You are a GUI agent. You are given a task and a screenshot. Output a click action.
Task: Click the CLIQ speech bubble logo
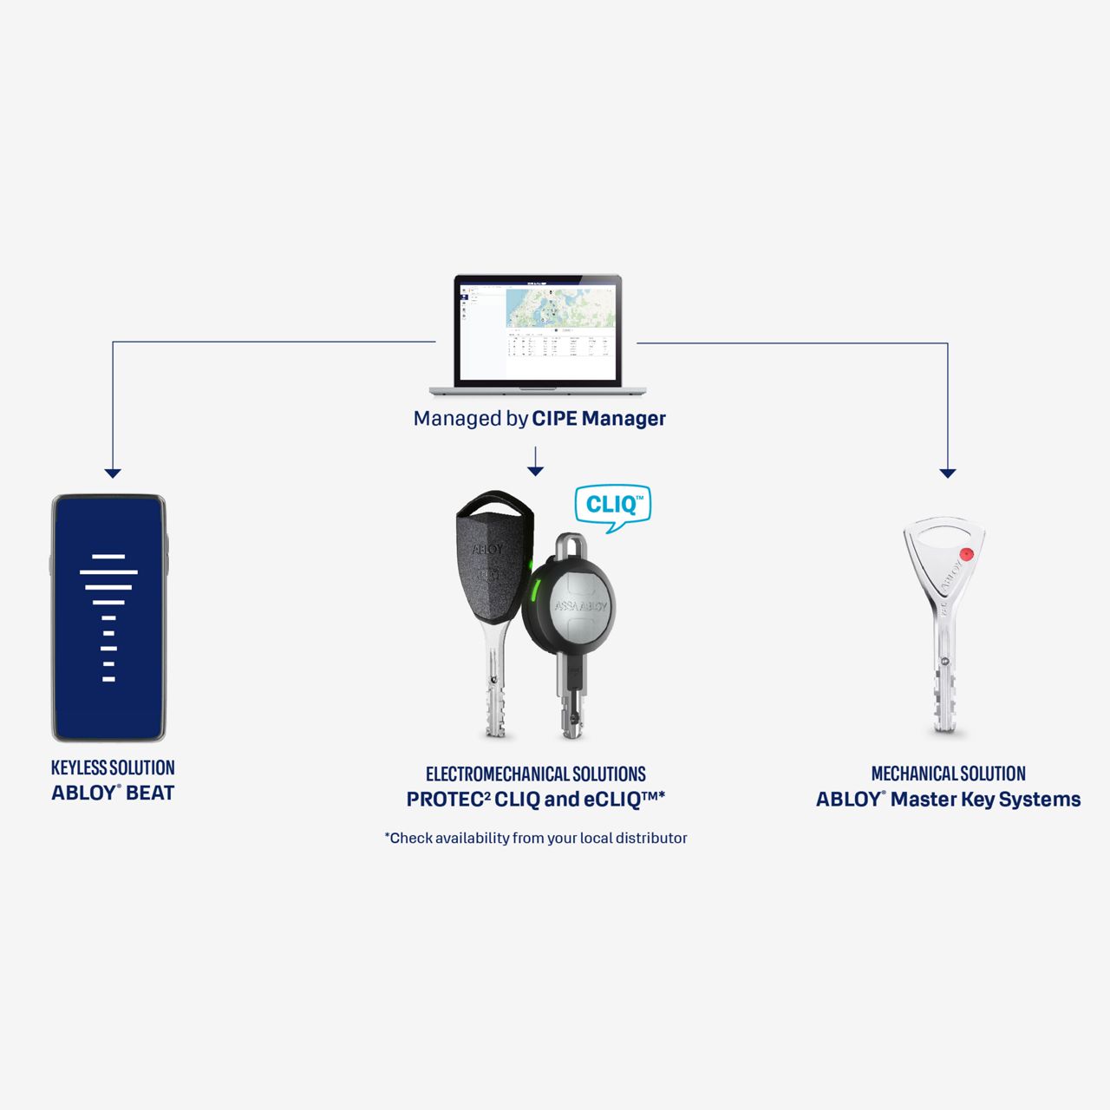coord(613,506)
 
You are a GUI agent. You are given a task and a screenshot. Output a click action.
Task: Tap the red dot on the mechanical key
coord(967,554)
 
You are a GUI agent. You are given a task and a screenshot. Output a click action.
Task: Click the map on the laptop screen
coord(560,307)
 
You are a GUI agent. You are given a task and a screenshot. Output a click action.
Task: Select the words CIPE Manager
coord(598,418)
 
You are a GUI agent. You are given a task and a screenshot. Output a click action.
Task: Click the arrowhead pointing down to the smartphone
coord(113,473)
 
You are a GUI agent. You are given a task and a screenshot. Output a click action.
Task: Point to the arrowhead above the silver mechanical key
coord(947,473)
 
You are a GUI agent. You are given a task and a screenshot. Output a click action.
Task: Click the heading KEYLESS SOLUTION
coord(113,767)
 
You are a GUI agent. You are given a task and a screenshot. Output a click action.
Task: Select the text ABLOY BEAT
coord(113,793)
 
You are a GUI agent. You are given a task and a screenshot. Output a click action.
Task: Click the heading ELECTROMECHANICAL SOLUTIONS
coord(536,774)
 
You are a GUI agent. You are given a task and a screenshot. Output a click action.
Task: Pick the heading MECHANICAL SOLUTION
coord(948,774)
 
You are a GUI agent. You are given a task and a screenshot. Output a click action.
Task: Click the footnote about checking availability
coord(536,838)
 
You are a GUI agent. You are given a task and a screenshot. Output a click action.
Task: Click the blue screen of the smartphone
coord(108,617)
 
